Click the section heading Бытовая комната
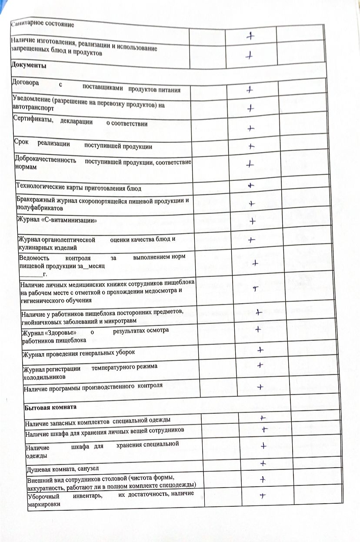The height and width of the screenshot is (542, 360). pos(50,407)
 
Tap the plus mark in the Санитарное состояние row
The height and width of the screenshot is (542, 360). pos(250,37)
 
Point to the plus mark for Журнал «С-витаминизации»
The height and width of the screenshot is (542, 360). pos(252,221)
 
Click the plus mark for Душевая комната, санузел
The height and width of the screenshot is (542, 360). pos(263,463)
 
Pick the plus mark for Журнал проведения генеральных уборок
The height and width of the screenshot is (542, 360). pos(260,349)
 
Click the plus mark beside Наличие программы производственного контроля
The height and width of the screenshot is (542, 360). pos(260,386)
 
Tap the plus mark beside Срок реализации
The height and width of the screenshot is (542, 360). pos(251,146)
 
